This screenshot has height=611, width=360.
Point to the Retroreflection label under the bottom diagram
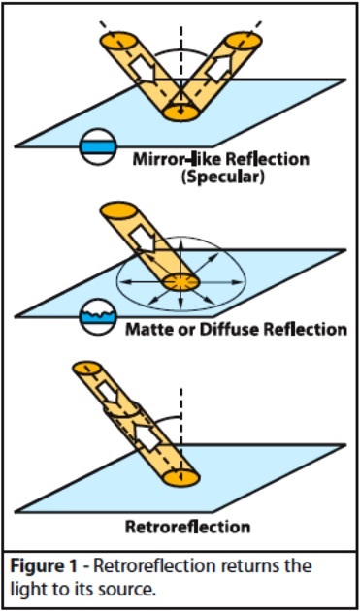(x=187, y=528)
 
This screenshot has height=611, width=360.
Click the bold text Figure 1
(x=40, y=565)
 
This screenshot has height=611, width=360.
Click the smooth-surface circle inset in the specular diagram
(x=97, y=146)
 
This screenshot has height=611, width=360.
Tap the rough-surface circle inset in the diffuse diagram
(x=97, y=316)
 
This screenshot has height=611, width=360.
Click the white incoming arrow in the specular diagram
(x=143, y=71)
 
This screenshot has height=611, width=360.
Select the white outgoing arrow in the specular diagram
(x=218, y=66)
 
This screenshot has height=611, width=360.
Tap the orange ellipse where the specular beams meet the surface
(x=180, y=113)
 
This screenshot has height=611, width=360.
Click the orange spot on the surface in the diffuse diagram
(x=180, y=281)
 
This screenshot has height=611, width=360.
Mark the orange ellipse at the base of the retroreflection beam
(x=180, y=477)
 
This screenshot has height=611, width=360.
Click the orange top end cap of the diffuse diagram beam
(x=118, y=210)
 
